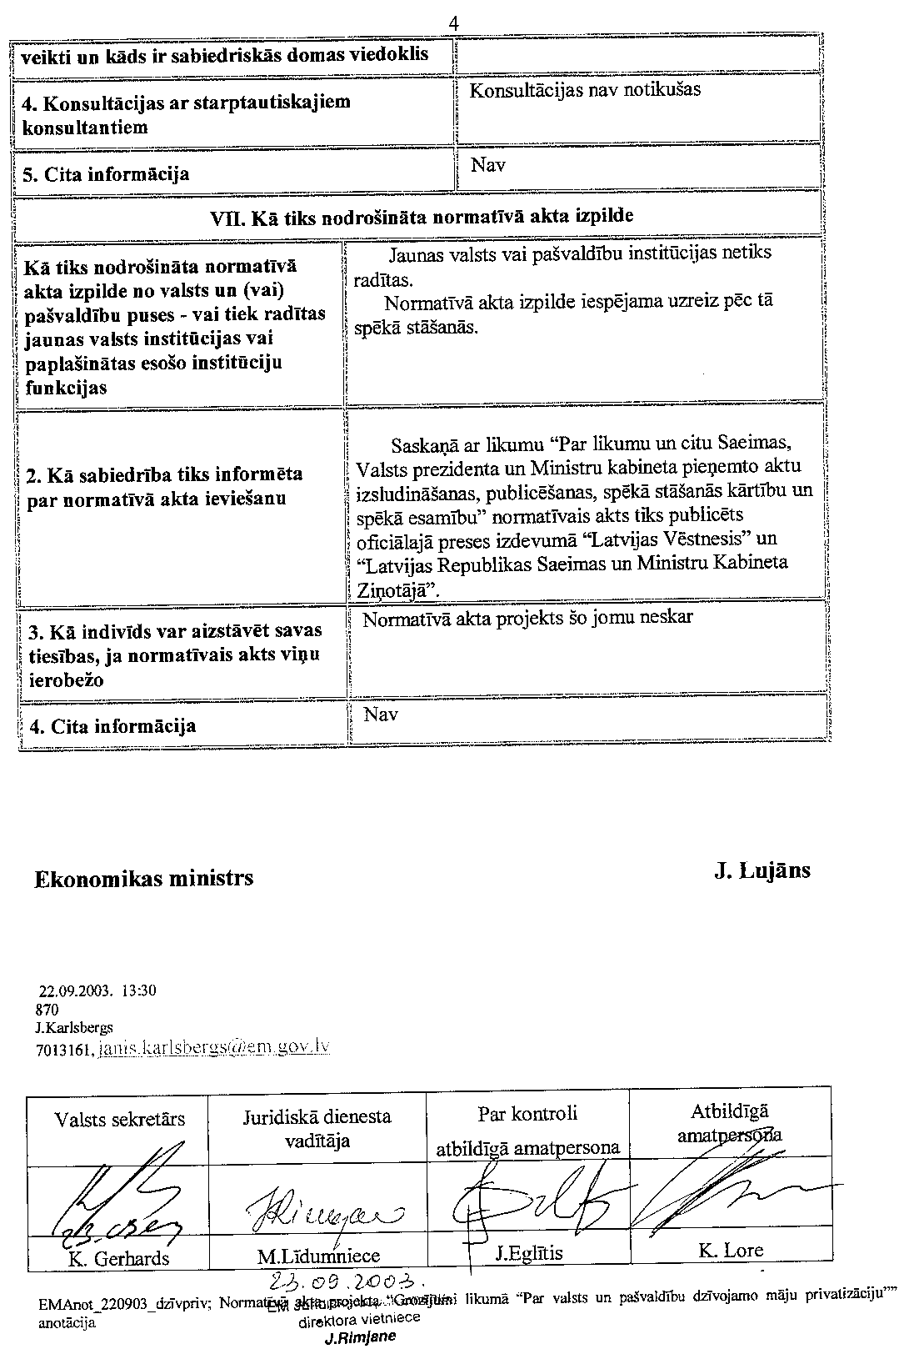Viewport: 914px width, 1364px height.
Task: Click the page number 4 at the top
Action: tap(454, 23)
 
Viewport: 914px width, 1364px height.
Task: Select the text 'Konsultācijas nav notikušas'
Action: tap(585, 90)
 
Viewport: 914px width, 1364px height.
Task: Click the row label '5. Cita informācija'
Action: tap(105, 174)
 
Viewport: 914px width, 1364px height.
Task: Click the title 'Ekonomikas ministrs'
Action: tap(144, 878)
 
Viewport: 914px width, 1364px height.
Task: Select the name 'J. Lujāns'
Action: tap(762, 870)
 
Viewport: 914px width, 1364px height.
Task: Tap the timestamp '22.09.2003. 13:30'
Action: tap(97, 991)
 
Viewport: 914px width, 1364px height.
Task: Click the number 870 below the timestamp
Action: tap(48, 1009)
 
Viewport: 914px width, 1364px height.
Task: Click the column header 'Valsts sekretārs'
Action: tap(120, 1119)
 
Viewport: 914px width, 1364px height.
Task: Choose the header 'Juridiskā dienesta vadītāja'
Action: tap(317, 1128)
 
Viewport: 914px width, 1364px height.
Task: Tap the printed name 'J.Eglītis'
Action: tap(529, 1253)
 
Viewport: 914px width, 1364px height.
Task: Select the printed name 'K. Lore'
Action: tap(731, 1250)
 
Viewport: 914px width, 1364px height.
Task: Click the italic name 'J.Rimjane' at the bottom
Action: tap(360, 1337)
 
